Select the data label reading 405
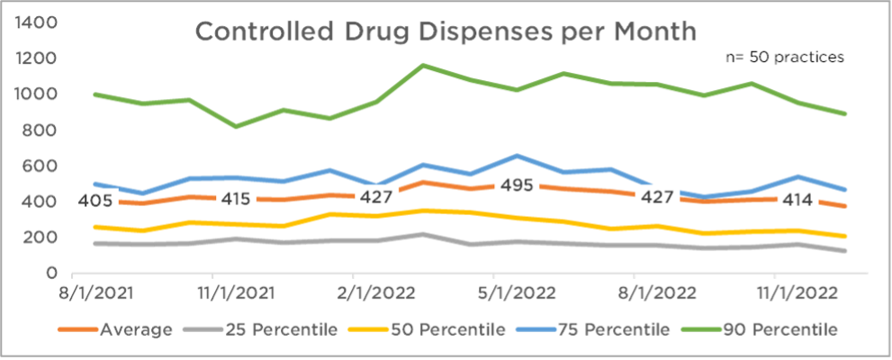point(95,200)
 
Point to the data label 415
point(235,198)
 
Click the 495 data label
point(517,186)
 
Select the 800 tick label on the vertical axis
point(41,130)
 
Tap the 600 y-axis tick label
point(41,166)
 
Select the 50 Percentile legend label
point(454,328)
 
